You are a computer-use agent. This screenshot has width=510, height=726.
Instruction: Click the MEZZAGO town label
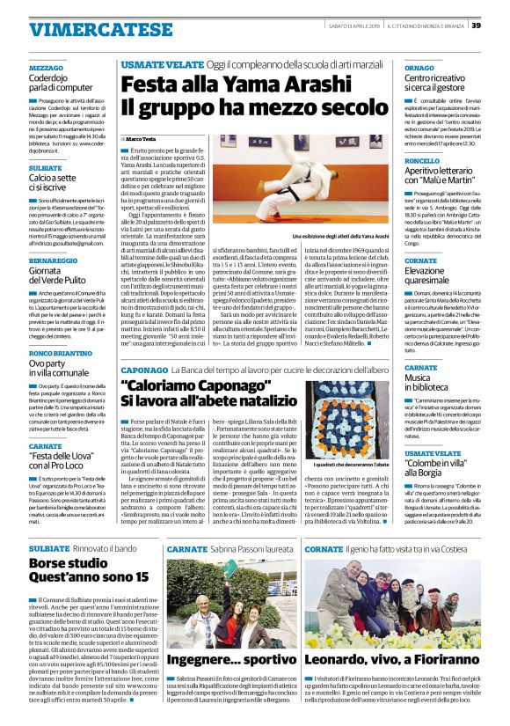(x=46, y=67)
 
